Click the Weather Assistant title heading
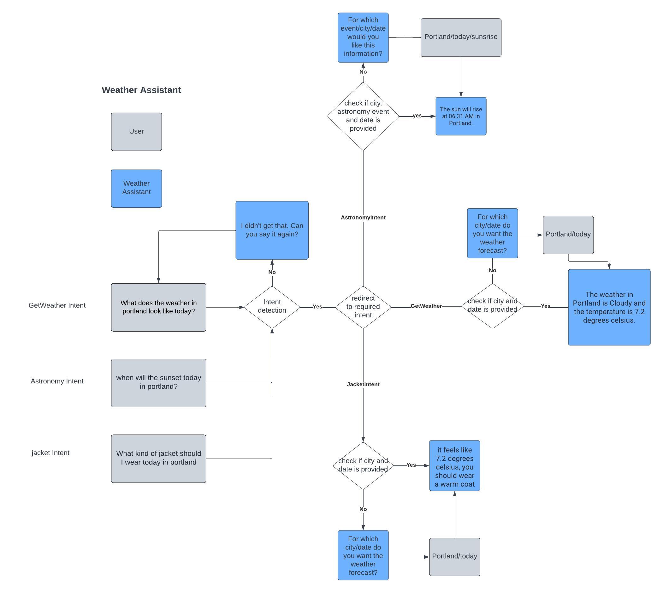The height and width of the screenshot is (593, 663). [141, 90]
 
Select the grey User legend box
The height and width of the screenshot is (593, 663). [136, 132]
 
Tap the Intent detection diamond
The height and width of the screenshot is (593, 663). [272, 307]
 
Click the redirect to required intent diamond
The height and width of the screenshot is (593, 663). [363, 307]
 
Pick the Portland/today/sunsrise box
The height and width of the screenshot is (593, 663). [460, 37]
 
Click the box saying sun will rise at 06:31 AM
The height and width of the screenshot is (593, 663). [460, 116]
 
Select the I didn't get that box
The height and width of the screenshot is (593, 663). [272, 230]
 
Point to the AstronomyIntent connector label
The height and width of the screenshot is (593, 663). [363, 217]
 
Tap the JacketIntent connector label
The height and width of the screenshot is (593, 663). [363, 384]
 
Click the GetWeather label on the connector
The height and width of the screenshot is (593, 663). [426, 306]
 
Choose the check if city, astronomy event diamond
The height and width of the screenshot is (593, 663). [363, 116]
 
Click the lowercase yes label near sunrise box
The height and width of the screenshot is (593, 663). [417, 116]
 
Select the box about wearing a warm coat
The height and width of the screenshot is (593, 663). [454, 465]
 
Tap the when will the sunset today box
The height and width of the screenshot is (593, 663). [158, 382]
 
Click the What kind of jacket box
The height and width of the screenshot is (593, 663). [158, 458]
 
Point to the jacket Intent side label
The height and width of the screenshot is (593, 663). [50, 452]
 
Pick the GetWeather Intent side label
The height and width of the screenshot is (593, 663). [57, 305]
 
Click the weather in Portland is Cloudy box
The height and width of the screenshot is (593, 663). [609, 307]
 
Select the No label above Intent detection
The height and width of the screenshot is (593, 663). [272, 272]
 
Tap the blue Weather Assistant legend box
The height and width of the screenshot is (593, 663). [136, 188]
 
